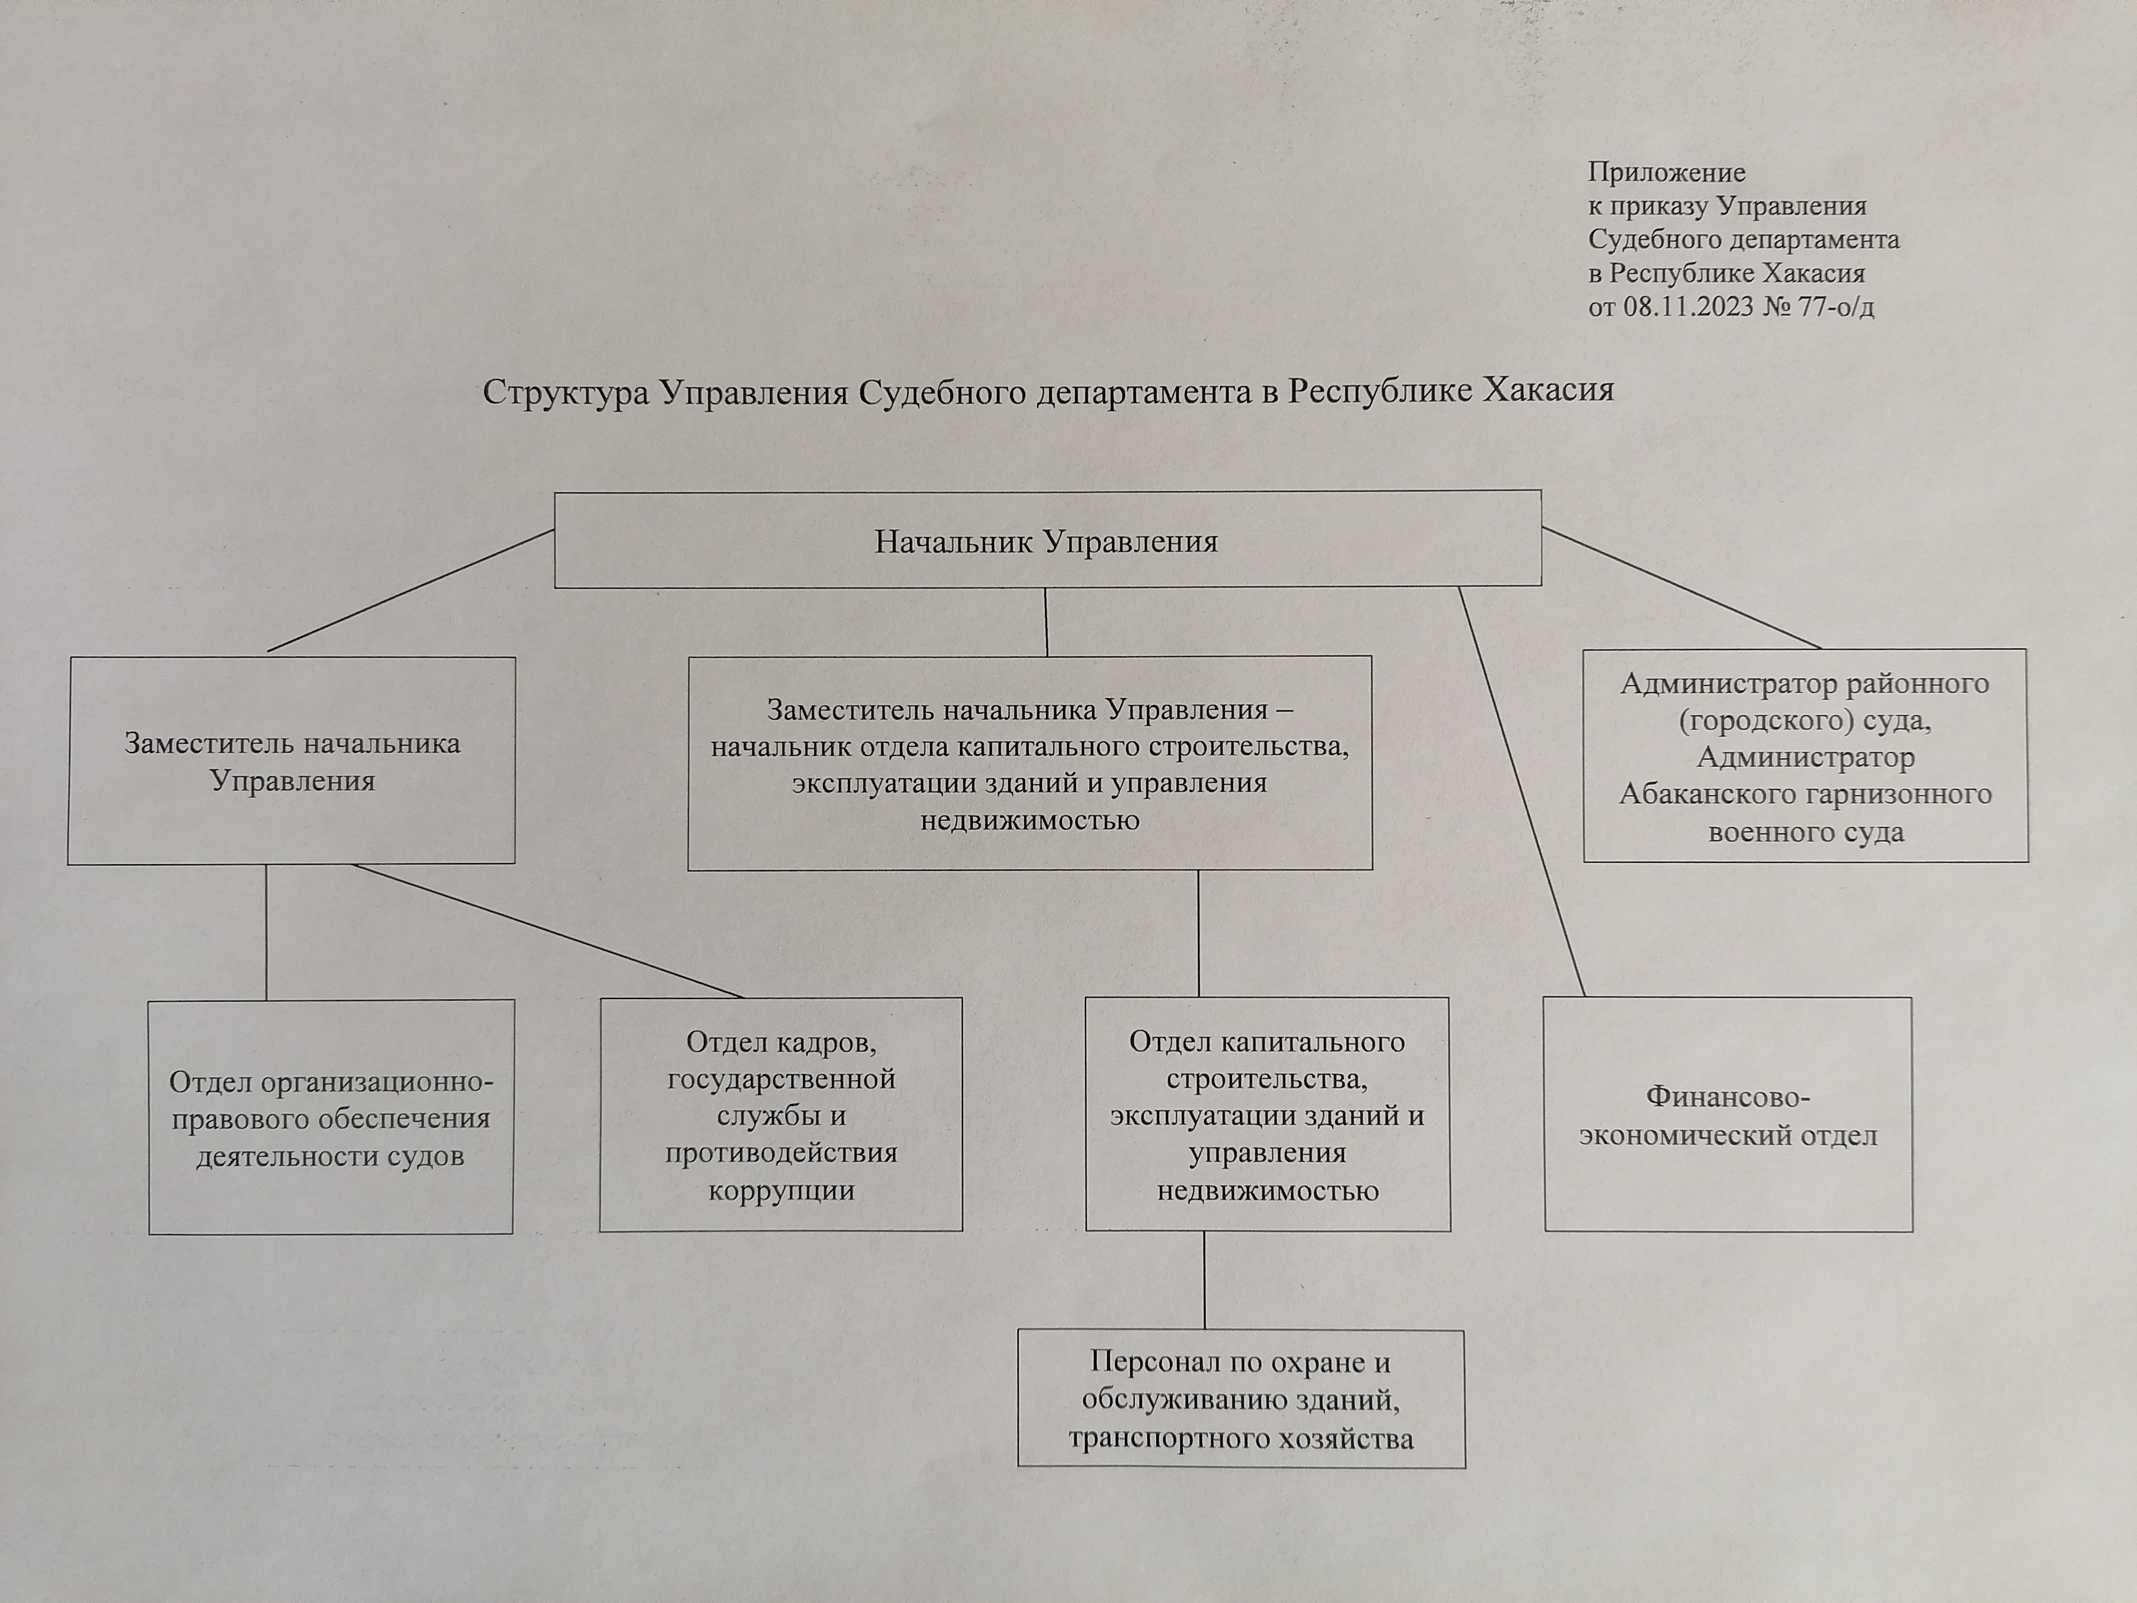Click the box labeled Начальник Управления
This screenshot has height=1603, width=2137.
coord(1047,539)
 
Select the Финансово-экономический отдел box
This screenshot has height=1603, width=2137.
coord(1728,1114)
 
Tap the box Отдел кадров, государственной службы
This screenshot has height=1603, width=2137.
coord(781,1114)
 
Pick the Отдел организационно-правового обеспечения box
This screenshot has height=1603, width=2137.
coord(330,1117)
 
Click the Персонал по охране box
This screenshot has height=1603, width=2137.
coord(1242,1399)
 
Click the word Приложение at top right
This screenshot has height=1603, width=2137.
coord(1666,173)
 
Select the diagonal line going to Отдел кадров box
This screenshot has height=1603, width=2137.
coord(548,930)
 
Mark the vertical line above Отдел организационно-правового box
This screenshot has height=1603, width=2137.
coord(266,931)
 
